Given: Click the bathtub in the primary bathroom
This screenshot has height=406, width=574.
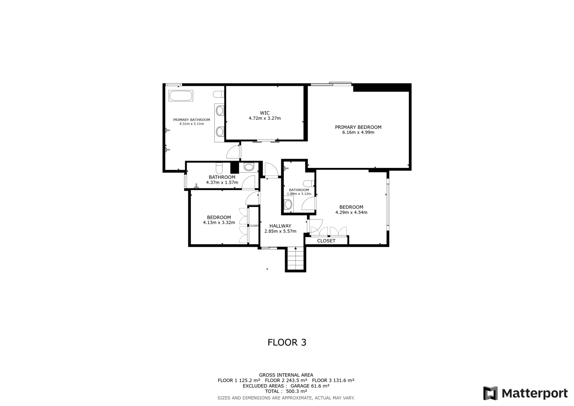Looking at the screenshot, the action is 181,96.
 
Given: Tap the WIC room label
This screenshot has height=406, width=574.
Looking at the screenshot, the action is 265,113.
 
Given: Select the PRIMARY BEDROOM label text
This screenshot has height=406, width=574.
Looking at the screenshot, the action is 358,127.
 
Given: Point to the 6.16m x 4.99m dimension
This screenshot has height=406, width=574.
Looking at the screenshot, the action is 358,132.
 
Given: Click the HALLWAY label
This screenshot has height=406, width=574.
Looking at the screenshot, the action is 280,226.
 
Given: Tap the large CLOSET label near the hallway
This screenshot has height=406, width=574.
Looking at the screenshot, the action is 326,241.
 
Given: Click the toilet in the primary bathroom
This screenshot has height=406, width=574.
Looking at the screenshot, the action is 218,94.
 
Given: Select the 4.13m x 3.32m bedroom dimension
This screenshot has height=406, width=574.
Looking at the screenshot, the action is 219,222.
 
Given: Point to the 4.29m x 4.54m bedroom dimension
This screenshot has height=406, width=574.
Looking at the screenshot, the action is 351,213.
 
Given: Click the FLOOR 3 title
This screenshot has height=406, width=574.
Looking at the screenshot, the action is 287,342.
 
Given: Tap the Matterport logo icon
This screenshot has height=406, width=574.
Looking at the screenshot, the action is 490,393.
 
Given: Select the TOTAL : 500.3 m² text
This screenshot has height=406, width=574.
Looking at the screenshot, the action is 286,391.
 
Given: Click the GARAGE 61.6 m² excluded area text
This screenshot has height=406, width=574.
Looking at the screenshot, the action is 310,386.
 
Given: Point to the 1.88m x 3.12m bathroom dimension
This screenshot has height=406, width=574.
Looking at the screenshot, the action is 299,194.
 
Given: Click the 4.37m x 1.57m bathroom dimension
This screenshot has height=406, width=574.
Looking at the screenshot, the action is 222,183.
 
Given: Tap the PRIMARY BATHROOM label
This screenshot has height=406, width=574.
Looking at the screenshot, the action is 192,120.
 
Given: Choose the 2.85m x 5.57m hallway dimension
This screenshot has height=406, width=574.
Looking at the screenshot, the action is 280,231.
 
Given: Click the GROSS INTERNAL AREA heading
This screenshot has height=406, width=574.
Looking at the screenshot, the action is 286,375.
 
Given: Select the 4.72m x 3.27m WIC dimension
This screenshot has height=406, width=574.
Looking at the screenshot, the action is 265,118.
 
